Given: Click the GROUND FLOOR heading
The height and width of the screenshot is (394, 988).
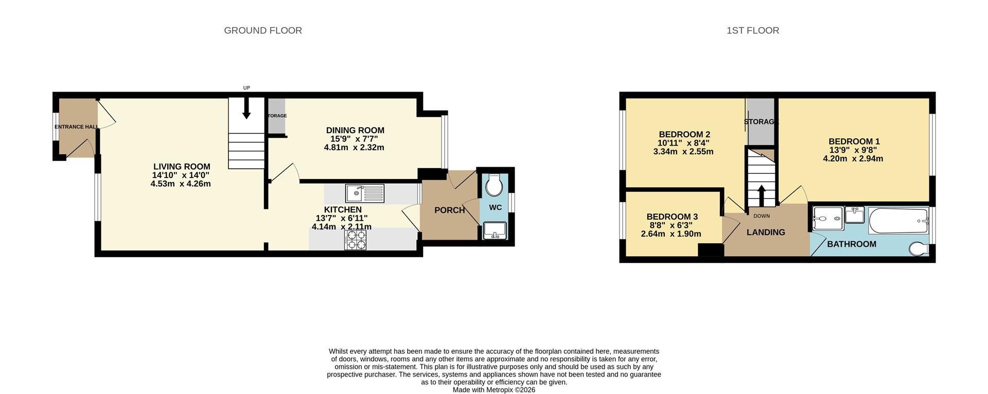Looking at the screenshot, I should click(x=262, y=30).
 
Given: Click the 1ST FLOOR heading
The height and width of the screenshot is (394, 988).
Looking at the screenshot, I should click(x=752, y=30).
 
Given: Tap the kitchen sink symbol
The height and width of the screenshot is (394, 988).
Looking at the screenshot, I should click(x=365, y=193).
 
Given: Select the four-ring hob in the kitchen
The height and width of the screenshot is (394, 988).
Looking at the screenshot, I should click(x=356, y=240).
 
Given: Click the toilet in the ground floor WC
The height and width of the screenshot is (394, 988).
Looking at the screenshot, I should click(x=494, y=186).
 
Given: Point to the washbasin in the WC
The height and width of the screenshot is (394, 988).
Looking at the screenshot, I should click(x=495, y=231).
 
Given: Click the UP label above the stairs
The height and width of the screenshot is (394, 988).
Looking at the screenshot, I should click(x=246, y=88).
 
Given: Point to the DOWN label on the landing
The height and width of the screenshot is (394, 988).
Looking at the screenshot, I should click(x=762, y=216).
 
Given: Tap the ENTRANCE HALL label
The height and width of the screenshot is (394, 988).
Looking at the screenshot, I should click(x=77, y=127).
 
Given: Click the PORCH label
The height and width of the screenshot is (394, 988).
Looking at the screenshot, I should click(x=449, y=210).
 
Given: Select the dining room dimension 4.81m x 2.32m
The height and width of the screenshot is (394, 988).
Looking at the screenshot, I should click(x=354, y=148).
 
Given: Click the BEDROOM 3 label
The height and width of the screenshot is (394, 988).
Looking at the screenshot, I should click(x=672, y=217).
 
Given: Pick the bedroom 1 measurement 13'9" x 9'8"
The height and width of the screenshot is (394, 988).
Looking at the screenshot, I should click(x=853, y=150).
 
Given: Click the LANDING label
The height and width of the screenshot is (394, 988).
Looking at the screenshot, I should click(x=766, y=232).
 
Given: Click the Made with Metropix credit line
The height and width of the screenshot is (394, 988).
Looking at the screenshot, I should click(x=494, y=390).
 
